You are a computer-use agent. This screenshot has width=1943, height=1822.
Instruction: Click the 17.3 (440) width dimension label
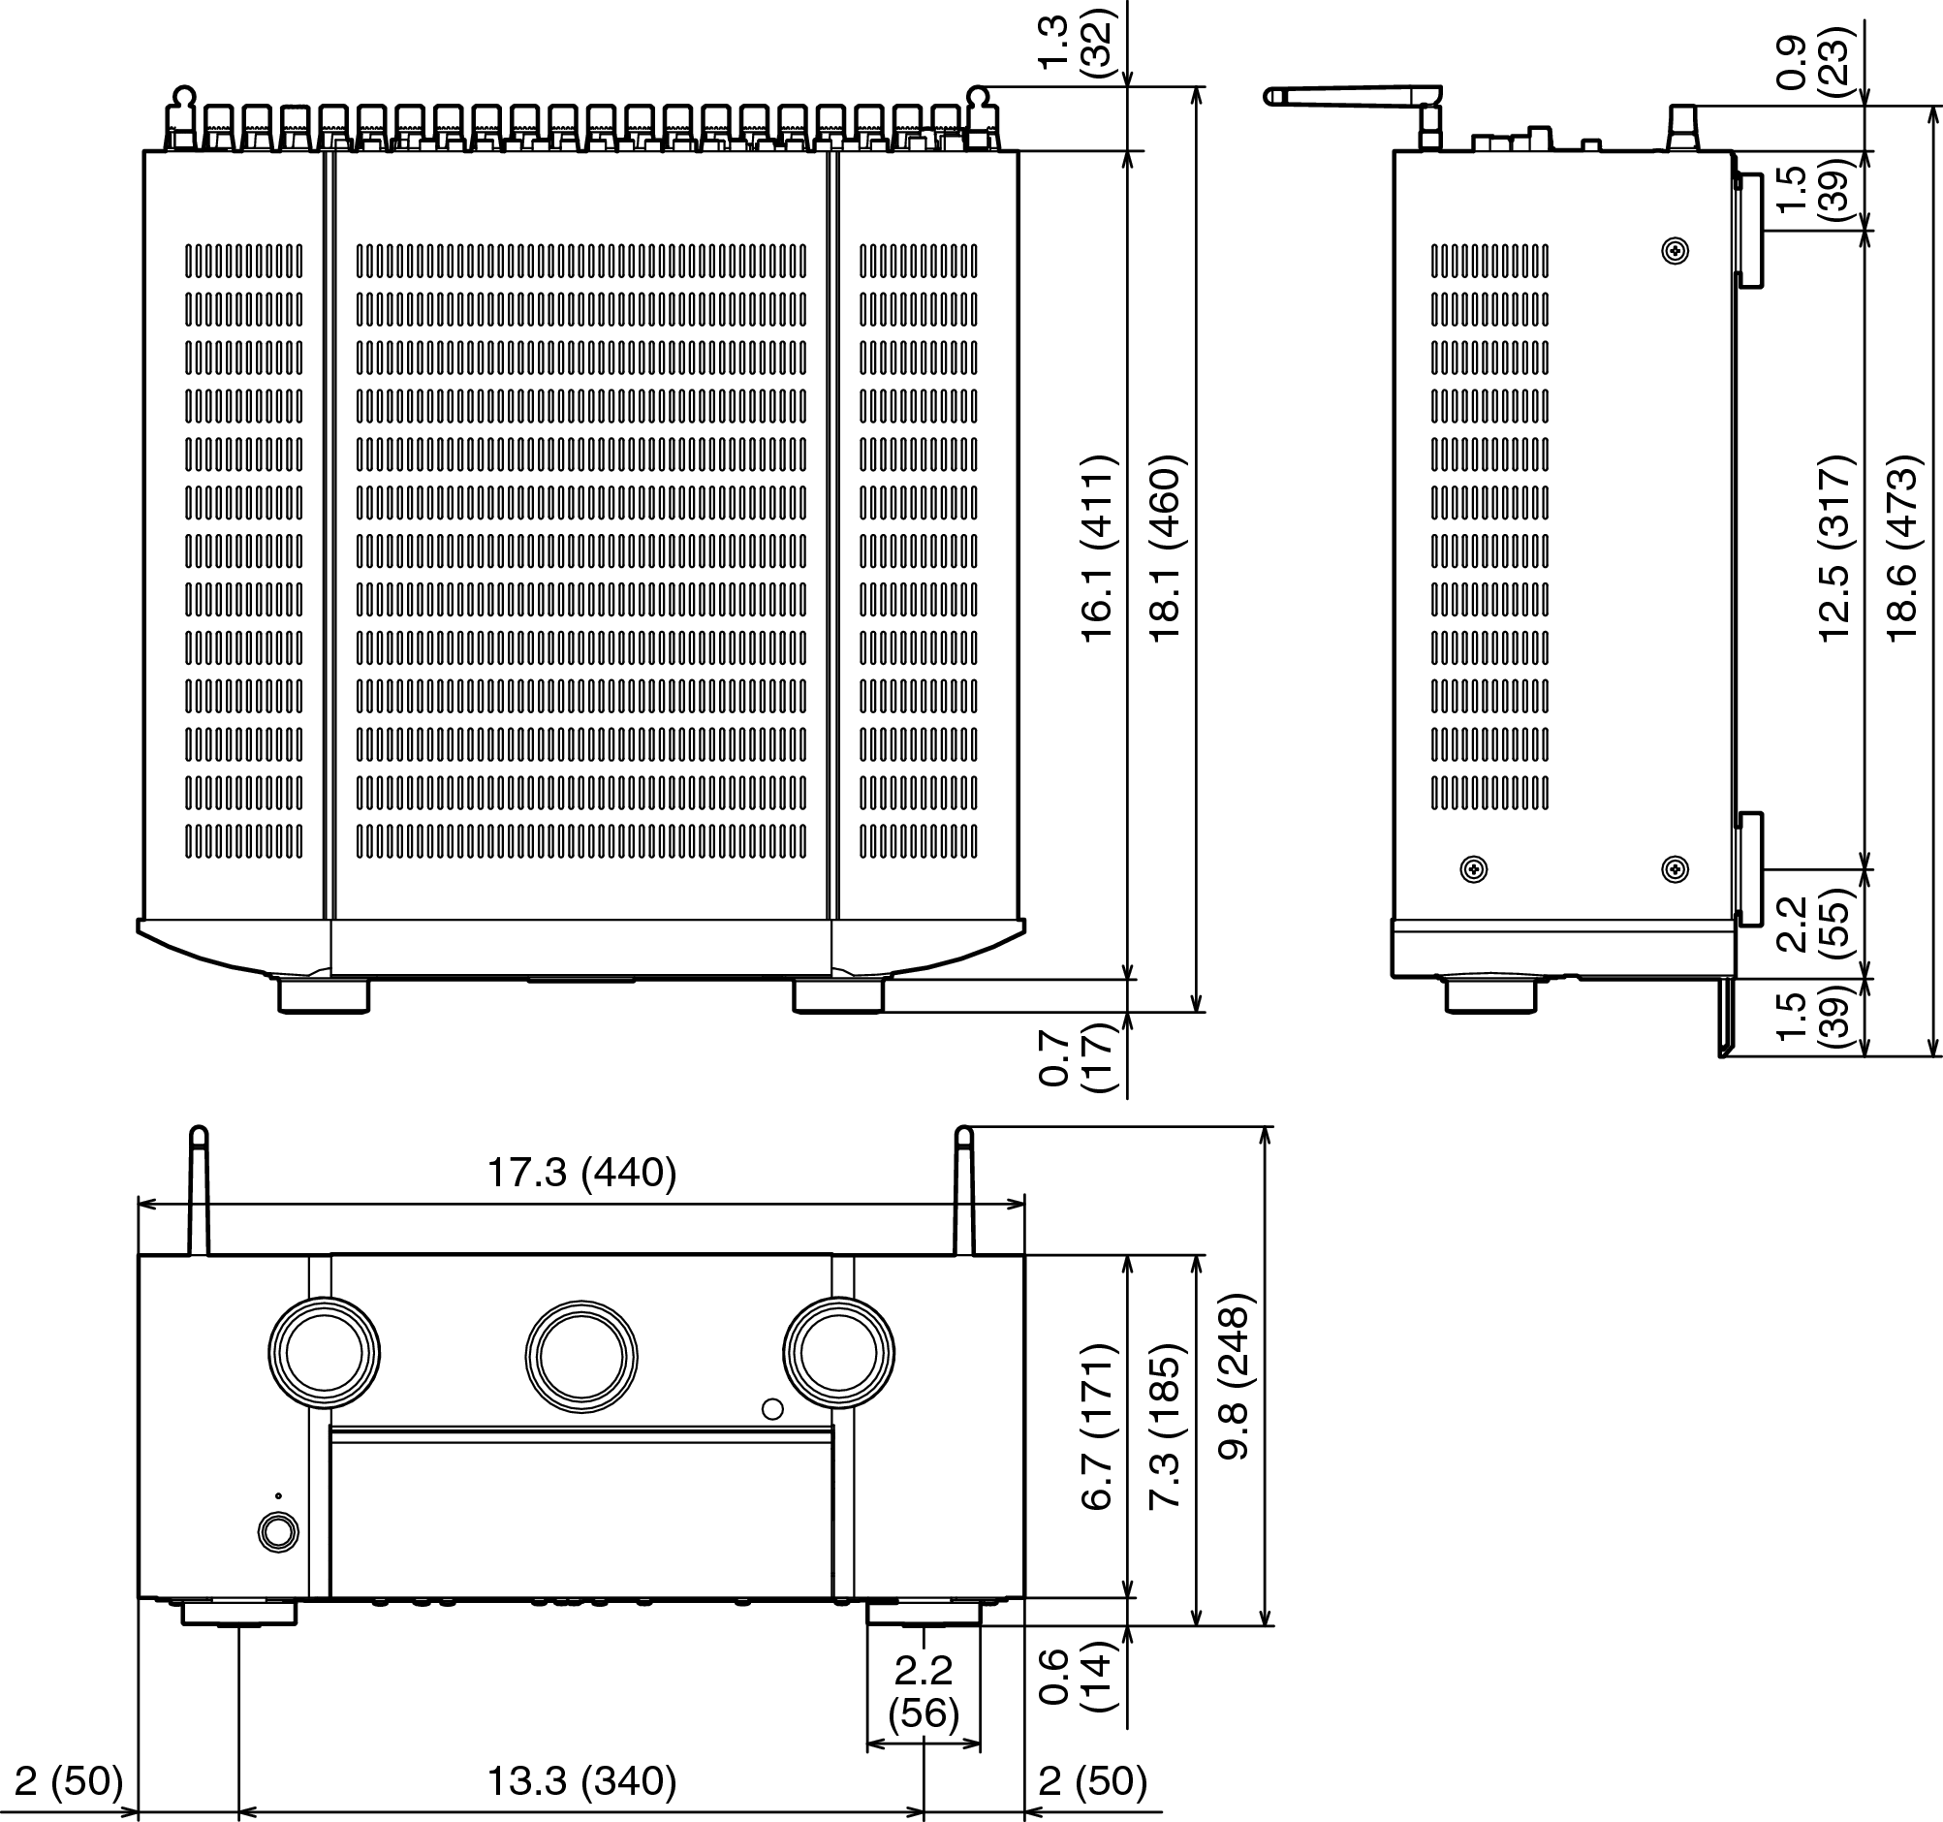[x=581, y=1173]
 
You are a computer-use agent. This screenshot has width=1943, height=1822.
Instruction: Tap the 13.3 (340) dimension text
[x=581, y=1781]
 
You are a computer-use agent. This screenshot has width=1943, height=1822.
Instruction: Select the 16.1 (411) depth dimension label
[x=1098, y=548]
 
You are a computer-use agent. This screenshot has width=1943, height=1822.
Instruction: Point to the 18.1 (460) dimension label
[x=1166, y=548]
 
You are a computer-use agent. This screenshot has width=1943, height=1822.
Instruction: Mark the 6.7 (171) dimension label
[x=1098, y=1428]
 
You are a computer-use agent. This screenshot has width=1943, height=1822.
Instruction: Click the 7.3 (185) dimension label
[x=1166, y=1428]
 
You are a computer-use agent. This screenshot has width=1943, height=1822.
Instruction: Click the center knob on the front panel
[x=581, y=1357]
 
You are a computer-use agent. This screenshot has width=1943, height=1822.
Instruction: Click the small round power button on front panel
[x=278, y=1532]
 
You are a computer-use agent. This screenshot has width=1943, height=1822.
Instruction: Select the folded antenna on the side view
[x=1353, y=96]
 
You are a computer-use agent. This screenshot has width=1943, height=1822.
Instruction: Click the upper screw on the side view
[x=1676, y=252]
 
